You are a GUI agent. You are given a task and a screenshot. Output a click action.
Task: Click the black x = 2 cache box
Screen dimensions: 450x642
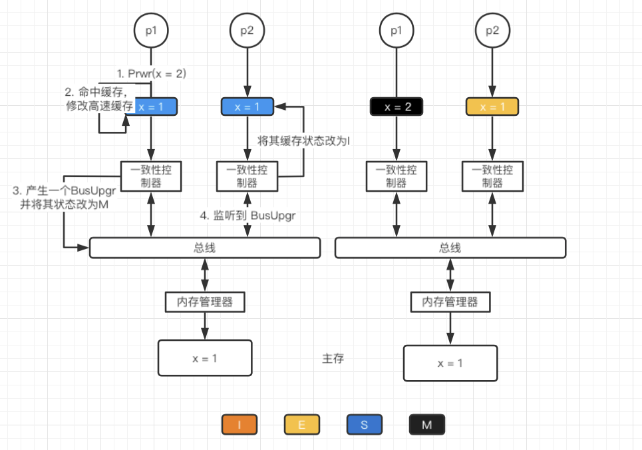[397, 107]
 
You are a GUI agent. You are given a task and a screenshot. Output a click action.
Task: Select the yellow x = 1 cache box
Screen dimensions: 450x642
[492, 107]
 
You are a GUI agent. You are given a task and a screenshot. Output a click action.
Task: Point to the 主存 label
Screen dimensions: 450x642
[333, 359]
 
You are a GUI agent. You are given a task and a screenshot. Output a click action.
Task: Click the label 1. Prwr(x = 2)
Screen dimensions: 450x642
[151, 74]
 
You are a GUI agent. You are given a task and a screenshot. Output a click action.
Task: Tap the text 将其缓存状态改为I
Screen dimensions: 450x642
[303, 141]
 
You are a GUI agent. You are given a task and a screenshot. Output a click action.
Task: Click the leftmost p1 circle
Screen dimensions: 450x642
[151, 31]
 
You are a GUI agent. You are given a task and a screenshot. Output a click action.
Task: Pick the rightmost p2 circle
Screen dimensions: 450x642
[492, 31]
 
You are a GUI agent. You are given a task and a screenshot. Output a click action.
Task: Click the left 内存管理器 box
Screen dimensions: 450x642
[205, 302]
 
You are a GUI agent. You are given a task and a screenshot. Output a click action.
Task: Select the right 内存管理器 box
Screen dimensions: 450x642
[450, 302]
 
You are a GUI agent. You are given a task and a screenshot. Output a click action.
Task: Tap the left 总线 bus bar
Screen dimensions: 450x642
[205, 248]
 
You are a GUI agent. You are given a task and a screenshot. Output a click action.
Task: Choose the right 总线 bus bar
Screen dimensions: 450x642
[450, 248]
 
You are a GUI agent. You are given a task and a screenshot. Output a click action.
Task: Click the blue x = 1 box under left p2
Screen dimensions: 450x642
[247, 107]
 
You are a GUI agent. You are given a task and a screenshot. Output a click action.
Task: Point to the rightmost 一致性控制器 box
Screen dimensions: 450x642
[492, 176]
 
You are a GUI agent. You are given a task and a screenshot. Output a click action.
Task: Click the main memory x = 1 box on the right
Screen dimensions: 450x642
[450, 363]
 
